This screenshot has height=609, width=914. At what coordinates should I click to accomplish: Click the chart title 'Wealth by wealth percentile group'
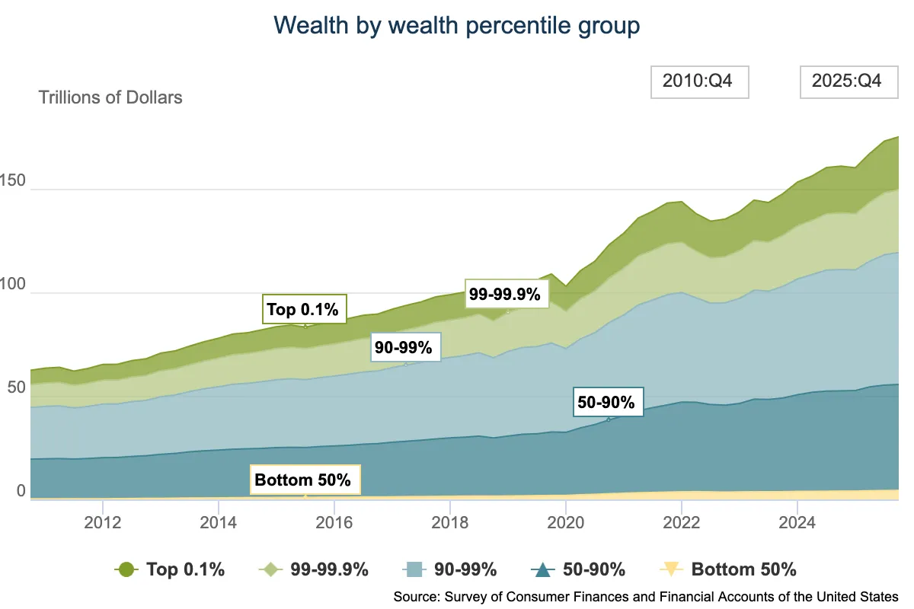pyautogui.click(x=456, y=26)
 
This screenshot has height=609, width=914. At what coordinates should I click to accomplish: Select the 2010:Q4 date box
pyautogui.click(x=700, y=82)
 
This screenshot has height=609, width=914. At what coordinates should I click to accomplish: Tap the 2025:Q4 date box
pyautogui.click(x=848, y=82)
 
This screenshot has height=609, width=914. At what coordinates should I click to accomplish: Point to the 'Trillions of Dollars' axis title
pyautogui.click(x=110, y=97)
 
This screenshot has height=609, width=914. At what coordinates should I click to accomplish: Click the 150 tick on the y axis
pyautogui.click(x=12, y=180)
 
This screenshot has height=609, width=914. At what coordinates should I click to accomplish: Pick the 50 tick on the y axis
pyautogui.click(x=16, y=387)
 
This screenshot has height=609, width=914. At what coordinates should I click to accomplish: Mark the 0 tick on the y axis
pyautogui.click(x=21, y=491)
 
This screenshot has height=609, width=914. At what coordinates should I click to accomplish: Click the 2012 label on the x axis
pyautogui.click(x=102, y=522)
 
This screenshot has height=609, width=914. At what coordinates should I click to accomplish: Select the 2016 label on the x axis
pyautogui.click(x=334, y=522)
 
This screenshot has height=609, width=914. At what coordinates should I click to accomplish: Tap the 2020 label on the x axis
pyautogui.click(x=565, y=522)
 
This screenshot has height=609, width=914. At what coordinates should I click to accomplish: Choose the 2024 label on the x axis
pyautogui.click(x=797, y=522)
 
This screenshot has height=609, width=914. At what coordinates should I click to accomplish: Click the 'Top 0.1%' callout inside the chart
pyautogui.click(x=305, y=309)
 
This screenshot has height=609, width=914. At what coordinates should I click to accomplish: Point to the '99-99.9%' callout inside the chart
pyautogui.click(x=507, y=294)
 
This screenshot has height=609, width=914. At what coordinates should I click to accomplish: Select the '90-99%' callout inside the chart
pyautogui.click(x=405, y=347)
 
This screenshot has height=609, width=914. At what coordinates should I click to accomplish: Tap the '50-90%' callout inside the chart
pyautogui.click(x=608, y=402)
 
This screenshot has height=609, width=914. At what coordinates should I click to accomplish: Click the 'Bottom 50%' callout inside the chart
pyautogui.click(x=305, y=480)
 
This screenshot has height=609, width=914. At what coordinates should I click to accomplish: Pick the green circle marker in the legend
pyautogui.click(x=126, y=569)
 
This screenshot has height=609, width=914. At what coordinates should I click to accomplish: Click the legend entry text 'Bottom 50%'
pyautogui.click(x=743, y=569)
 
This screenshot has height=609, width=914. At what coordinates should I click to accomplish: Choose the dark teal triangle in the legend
pyautogui.click(x=542, y=570)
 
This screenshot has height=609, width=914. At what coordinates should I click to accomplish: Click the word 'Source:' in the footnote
pyautogui.click(x=417, y=597)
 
